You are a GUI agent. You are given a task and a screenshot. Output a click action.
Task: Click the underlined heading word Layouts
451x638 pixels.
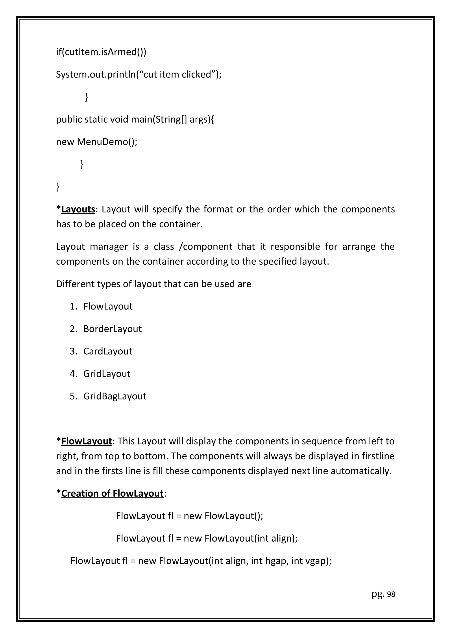coord(78,209)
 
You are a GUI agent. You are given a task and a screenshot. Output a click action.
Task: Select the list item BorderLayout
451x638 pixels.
coord(112,329)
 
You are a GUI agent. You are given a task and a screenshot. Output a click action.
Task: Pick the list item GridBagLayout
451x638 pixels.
coord(115,396)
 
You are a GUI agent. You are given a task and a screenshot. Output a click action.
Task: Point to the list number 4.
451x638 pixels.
coord(73,374)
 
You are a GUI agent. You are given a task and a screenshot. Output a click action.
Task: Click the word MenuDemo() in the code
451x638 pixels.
coord(107,142)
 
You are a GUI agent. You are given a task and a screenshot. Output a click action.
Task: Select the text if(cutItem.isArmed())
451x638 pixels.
coord(101,52)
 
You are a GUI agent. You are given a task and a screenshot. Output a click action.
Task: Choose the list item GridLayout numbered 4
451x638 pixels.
coord(107,374)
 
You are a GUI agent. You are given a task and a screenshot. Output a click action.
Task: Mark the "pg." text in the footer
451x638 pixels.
coord(378,594)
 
